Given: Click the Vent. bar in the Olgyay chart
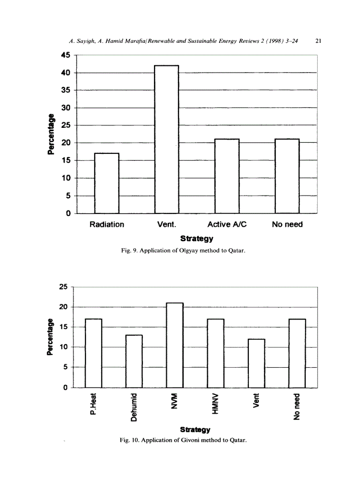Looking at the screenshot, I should coord(166,139).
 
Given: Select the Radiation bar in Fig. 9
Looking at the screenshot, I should coord(107,183).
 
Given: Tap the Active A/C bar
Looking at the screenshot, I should coord(227,176).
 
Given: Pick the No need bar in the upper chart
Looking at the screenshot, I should coord(287,176).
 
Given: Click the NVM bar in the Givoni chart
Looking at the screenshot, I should coord(175,345).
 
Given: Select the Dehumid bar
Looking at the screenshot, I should coord(135,361).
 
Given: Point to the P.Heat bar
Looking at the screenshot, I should coord(94,353).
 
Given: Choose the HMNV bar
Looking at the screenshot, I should coord(216,353).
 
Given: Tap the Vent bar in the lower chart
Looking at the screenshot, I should coord(256,363).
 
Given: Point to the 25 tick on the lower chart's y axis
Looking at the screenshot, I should coord(63,287).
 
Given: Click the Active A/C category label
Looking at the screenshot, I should coord(227,224).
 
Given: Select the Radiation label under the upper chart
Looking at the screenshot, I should coord(107,224).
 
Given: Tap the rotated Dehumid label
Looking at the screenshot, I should coord(134,406).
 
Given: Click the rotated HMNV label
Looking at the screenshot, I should coord(216,404).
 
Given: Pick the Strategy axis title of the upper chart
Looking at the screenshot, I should coord(197,239).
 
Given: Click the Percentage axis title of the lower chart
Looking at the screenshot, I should coord(50,337).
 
